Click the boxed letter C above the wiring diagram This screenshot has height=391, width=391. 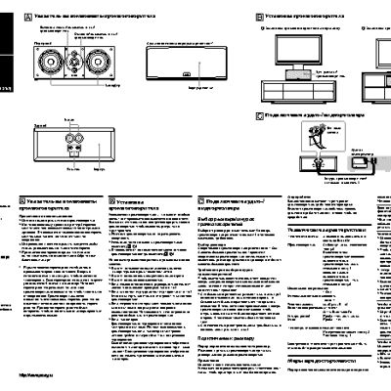pyautogui.click(x=258, y=115)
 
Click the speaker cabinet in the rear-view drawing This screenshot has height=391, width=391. pyautogui.click(x=72, y=147)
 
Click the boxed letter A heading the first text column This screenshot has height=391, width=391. pyautogui.click(x=22, y=198)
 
